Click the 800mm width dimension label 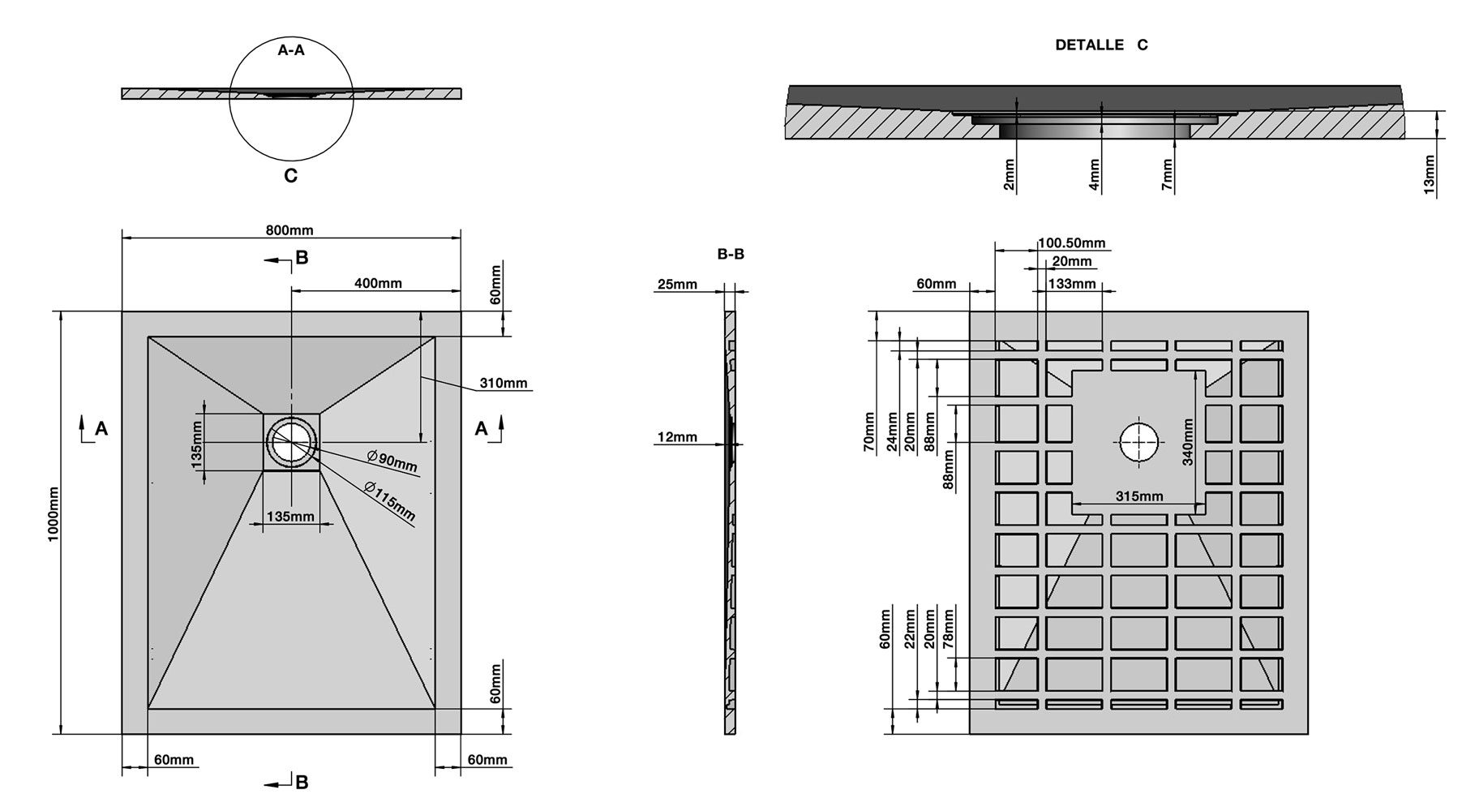coord(289,230)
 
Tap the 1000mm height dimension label coord(54,514)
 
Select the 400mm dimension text coord(378,283)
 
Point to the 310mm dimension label coord(503,383)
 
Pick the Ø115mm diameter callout coord(389,502)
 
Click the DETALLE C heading coord(1101,45)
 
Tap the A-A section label coord(291,50)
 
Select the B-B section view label coord(731,255)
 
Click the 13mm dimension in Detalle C coord(1430,174)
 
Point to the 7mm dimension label coord(1167,174)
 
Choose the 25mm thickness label coord(677,284)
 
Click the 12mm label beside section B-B coord(677,437)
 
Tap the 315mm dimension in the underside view coord(1139,496)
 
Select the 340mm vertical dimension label coord(1188,442)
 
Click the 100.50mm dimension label coord(1072,243)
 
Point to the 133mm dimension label coord(1072,284)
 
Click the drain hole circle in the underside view coord(1139,443)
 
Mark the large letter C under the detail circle coord(290,175)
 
